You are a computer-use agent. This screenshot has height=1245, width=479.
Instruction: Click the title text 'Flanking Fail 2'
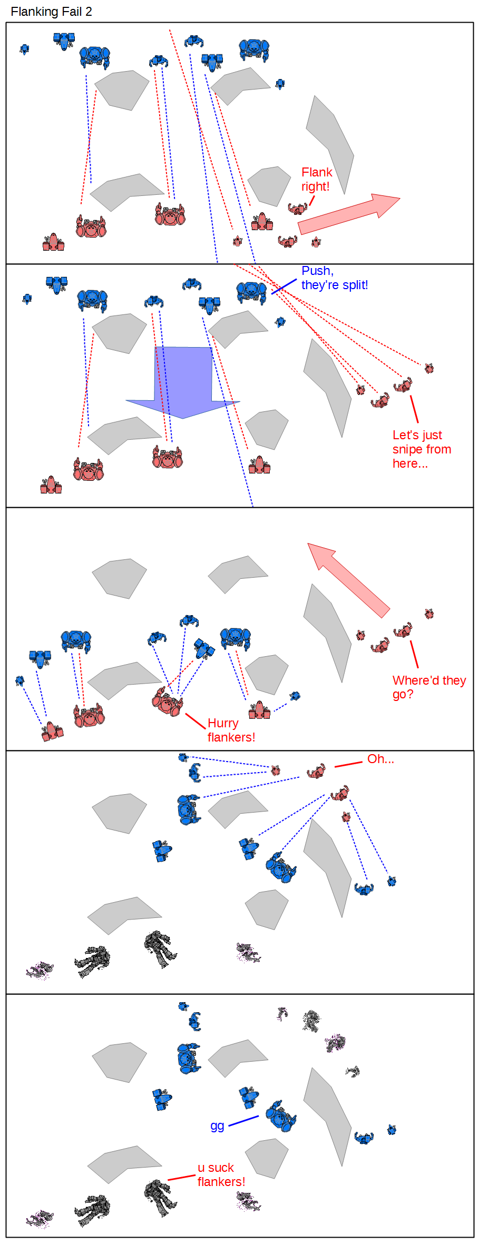click(x=51, y=12)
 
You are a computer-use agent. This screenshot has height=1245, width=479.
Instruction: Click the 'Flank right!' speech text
click(x=316, y=179)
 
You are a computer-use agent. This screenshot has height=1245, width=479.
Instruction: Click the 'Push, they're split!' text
click(x=334, y=278)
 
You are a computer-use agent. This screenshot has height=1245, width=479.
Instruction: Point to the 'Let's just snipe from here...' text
click(x=421, y=449)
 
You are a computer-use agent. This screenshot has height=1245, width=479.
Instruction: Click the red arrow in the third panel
click(x=348, y=580)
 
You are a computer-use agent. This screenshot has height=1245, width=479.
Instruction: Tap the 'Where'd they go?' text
click(x=428, y=687)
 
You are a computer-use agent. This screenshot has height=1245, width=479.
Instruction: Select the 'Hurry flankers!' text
click(x=231, y=730)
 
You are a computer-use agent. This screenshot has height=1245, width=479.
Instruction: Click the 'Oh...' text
click(x=380, y=759)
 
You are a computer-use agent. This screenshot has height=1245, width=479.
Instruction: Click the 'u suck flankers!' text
click(x=221, y=1174)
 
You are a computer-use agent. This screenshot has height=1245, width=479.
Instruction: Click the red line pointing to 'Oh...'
click(x=348, y=764)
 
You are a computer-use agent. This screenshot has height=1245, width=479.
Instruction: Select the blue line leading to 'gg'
click(x=243, y=1121)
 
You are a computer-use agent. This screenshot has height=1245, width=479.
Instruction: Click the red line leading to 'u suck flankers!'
click(x=181, y=1177)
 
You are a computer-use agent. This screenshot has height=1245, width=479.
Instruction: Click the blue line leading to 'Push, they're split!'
click(x=284, y=286)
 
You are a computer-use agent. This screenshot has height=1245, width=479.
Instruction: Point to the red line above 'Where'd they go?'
click(x=414, y=654)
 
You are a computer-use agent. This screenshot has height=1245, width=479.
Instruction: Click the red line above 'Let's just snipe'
click(x=414, y=409)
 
